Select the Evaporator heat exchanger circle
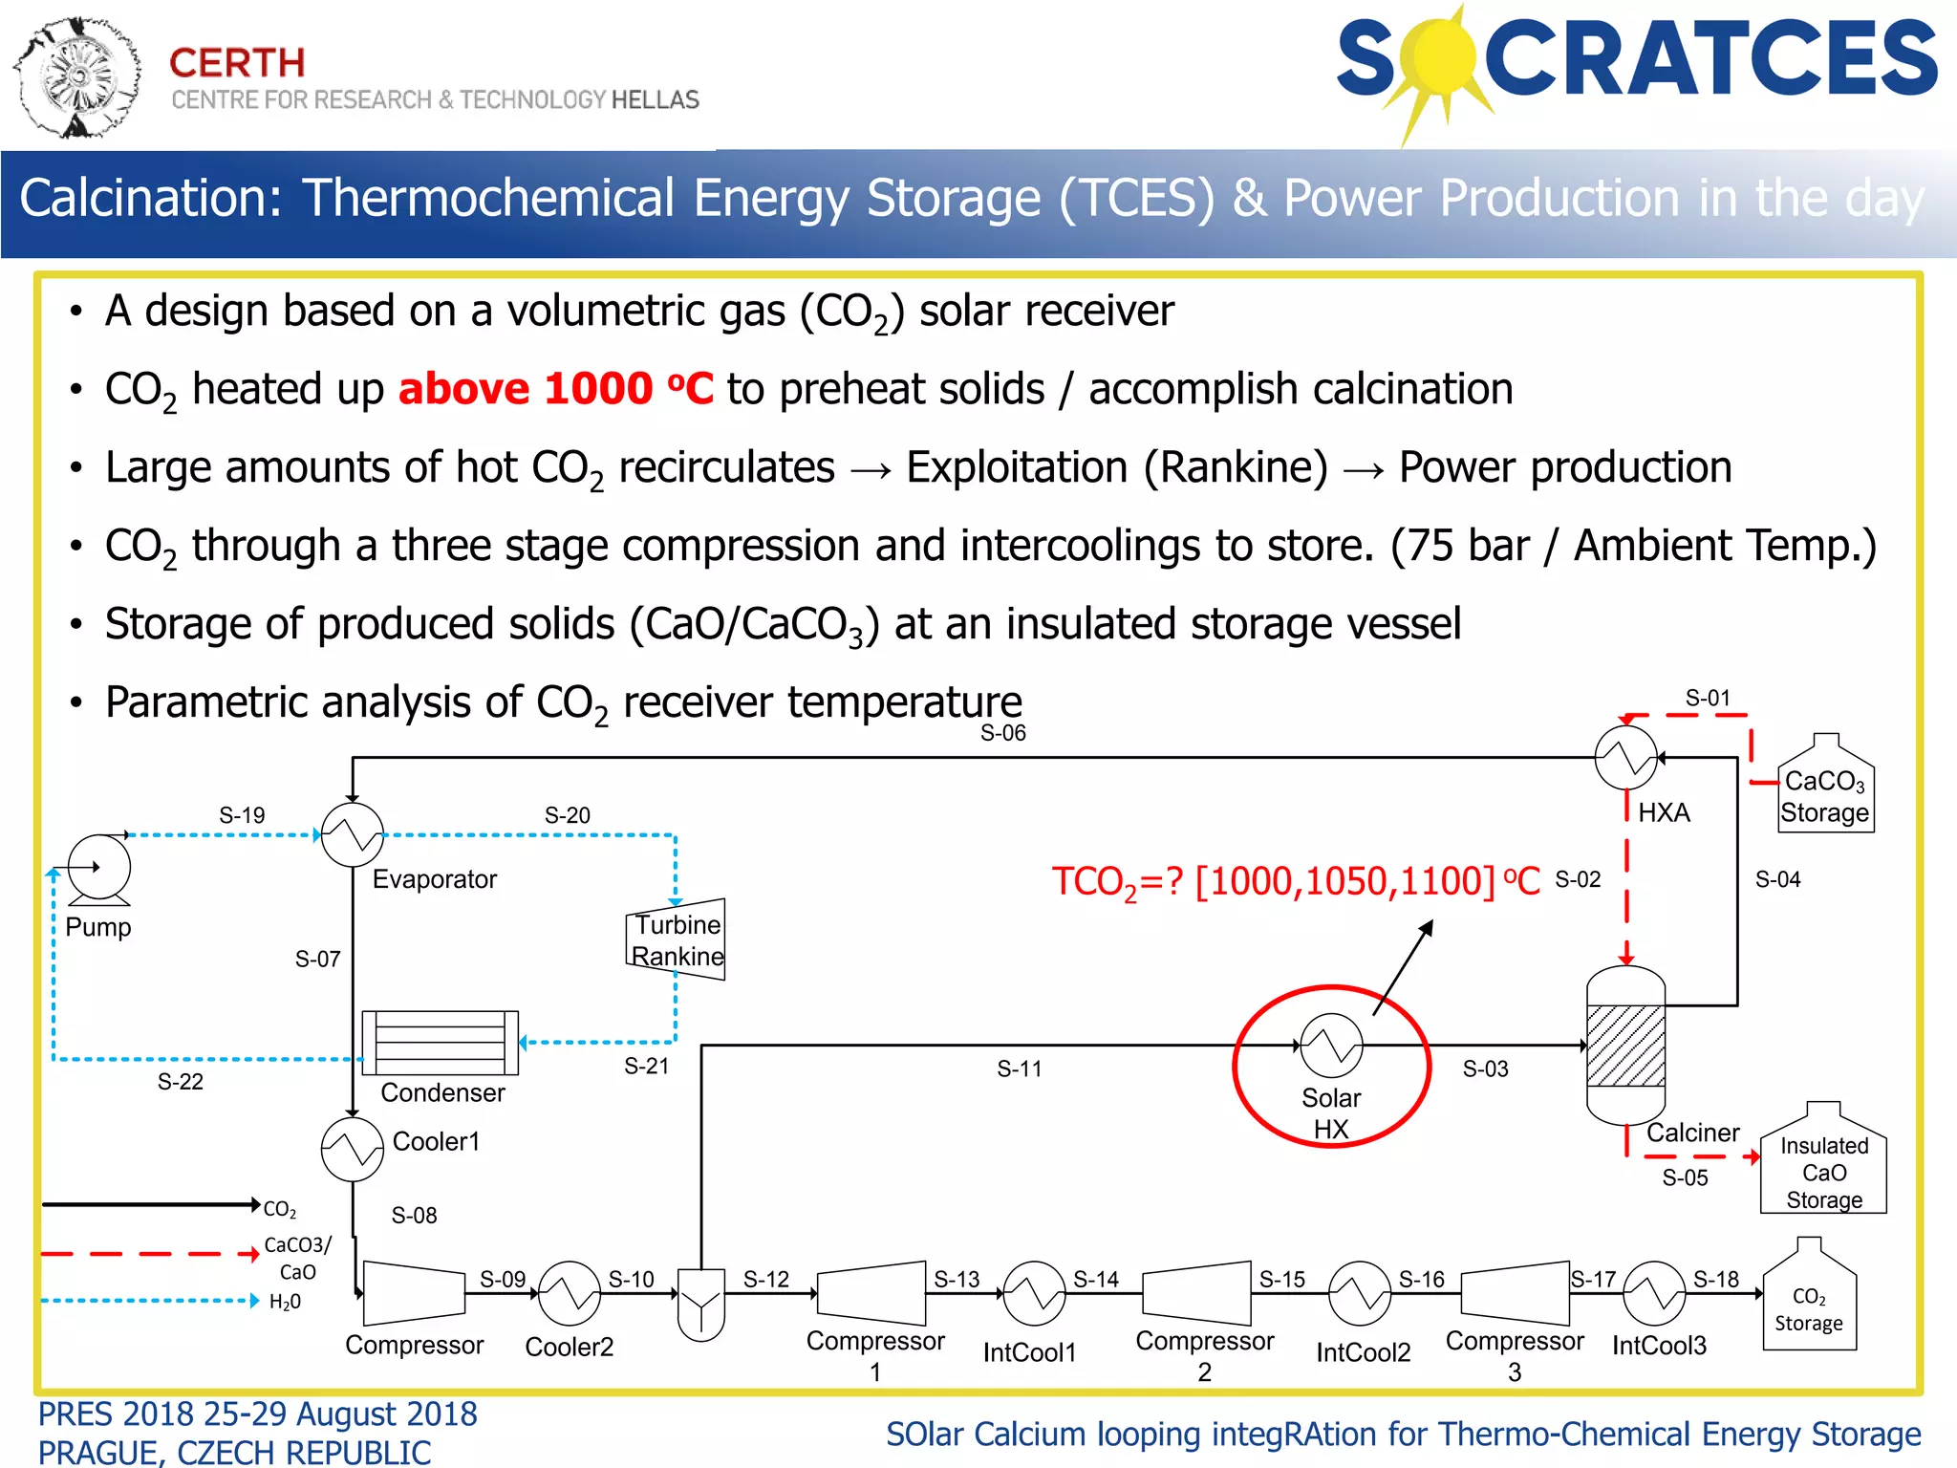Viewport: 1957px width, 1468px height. (x=353, y=835)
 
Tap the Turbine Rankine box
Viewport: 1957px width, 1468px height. (x=677, y=939)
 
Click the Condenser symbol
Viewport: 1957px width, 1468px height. (x=441, y=1043)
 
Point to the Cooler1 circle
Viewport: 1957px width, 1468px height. (x=353, y=1150)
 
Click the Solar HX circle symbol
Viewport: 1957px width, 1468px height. (x=1331, y=1046)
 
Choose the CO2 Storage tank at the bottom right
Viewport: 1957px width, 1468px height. (x=1809, y=1299)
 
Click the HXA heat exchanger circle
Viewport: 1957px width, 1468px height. (x=1626, y=758)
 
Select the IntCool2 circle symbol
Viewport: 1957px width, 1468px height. (x=1360, y=1293)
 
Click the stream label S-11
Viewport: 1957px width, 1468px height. (x=1019, y=1069)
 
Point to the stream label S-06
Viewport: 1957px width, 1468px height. (x=1002, y=733)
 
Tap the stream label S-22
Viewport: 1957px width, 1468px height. (x=180, y=1082)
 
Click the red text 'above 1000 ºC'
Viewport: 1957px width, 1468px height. (x=555, y=389)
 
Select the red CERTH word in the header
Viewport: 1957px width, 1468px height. (x=237, y=63)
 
